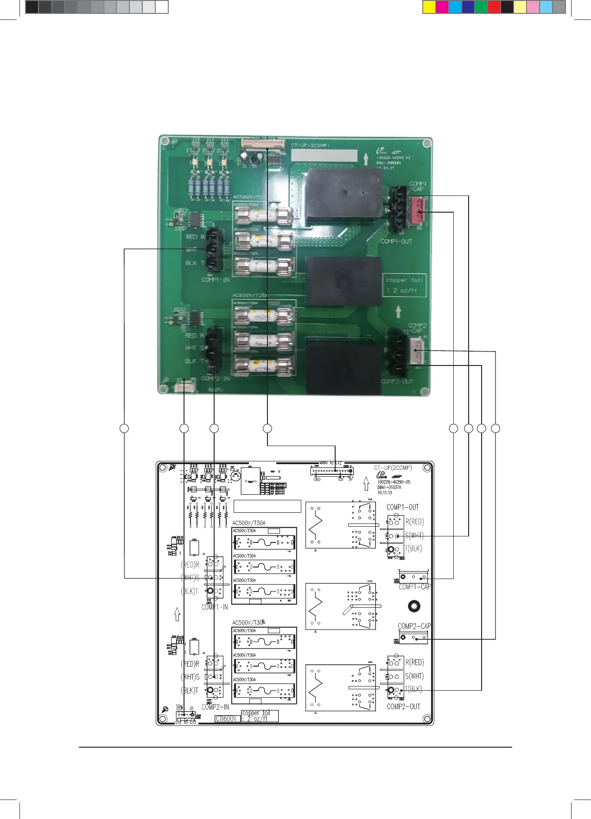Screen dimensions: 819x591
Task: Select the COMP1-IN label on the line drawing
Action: (x=215, y=607)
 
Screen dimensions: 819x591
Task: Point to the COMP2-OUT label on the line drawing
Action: (x=403, y=706)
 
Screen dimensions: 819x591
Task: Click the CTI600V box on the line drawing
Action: (x=227, y=718)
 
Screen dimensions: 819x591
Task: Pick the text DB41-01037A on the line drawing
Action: (x=389, y=487)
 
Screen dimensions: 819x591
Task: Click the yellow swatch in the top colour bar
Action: (x=429, y=7)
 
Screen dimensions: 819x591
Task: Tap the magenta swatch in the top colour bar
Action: (x=442, y=7)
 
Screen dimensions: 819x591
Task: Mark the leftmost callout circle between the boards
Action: (x=124, y=428)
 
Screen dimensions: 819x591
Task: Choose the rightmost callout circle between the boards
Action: (x=496, y=428)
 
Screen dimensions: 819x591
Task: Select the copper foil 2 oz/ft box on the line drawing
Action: (x=260, y=716)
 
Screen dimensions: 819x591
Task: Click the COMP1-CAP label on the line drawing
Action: (x=414, y=586)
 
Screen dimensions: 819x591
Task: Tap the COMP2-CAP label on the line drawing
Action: (x=414, y=626)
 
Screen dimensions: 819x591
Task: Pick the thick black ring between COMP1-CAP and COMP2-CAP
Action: (x=414, y=606)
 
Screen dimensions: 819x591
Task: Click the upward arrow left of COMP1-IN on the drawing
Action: (x=177, y=614)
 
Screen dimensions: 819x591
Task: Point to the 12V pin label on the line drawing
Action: (x=341, y=479)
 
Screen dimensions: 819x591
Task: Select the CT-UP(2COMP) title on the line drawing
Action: (x=393, y=467)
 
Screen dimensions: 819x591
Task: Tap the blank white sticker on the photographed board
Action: (x=324, y=155)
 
